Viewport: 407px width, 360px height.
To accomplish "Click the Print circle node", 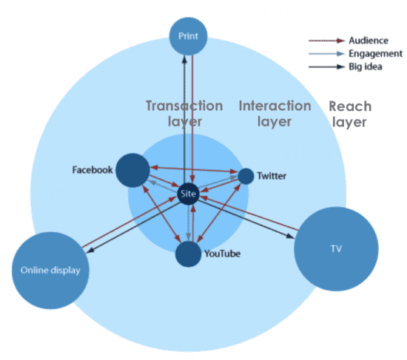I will pos(189,35).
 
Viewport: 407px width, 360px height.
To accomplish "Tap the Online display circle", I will pos(50,270).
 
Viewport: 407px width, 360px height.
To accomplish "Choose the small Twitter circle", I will pos(246,176).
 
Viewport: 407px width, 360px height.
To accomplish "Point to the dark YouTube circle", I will pos(189,254).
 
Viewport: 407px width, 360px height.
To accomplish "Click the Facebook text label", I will pos(92,169).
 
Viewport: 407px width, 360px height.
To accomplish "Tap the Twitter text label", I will pos(271,177).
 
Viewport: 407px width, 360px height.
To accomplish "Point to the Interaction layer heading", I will pos(275,113).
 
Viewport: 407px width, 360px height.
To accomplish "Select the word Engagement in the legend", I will pos(375,54).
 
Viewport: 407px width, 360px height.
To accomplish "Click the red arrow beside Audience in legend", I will pos(326,41).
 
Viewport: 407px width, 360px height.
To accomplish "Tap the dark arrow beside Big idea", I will pos(326,67).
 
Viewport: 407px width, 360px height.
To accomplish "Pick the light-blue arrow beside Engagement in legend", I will pos(326,54).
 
